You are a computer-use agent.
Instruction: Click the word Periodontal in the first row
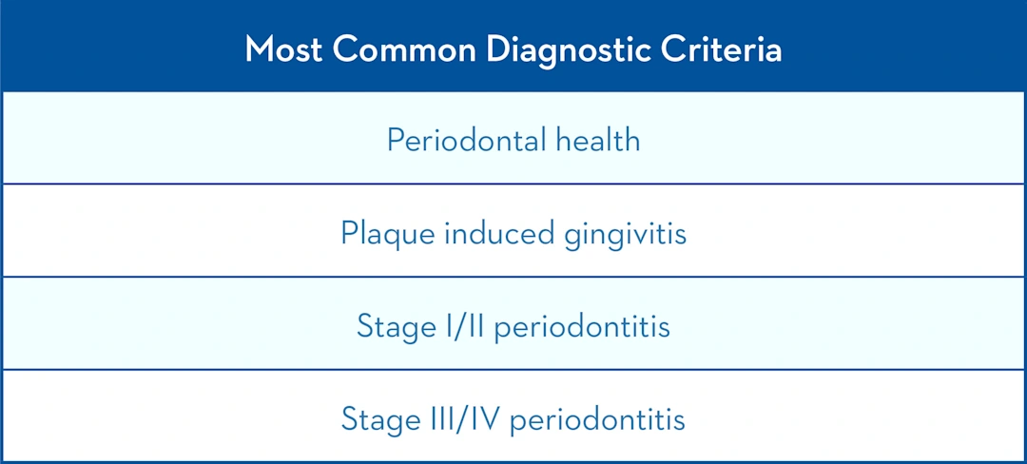pos(463,141)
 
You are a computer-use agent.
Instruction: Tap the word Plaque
pos(378,233)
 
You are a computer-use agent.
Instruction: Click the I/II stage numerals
pos(461,326)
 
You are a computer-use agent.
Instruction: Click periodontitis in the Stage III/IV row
pos(597,418)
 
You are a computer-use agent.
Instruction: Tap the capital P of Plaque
pos(349,233)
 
